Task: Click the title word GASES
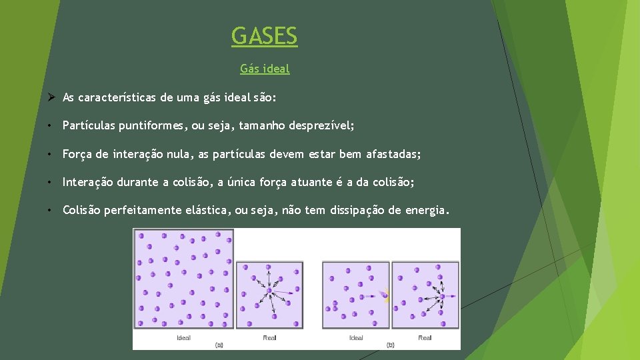click(265, 35)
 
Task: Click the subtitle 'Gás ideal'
click(265, 68)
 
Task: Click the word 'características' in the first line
click(117, 97)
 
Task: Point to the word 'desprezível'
click(322, 125)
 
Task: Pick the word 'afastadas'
click(393, 154)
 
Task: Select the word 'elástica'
click(207, 211)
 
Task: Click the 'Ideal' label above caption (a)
click(183, 338)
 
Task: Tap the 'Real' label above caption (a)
click(269, 338)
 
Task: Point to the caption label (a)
click(219, 345)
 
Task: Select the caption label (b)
click(390, 345)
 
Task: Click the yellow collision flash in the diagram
click(385, 295)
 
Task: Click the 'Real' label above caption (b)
click(425, 338)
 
